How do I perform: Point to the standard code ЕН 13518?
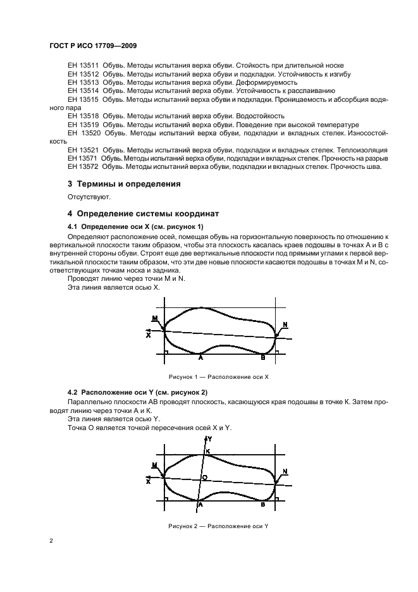(x=82, y=116)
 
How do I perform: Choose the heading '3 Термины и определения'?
(x=124, y=184)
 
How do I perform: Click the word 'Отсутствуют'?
(x=89, y=197)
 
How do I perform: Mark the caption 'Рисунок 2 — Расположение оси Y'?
(x=218, y=526)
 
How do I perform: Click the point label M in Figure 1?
(x=155, y=318)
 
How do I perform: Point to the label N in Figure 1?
(x=285, y=324)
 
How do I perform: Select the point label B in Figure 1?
(x=263, y=357)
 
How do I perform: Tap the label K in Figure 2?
(x=208, y=450)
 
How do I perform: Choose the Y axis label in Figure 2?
(x=209, y=438)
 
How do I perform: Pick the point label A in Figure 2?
(x=199, y=505)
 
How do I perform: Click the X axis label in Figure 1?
(x=148, y=335)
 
